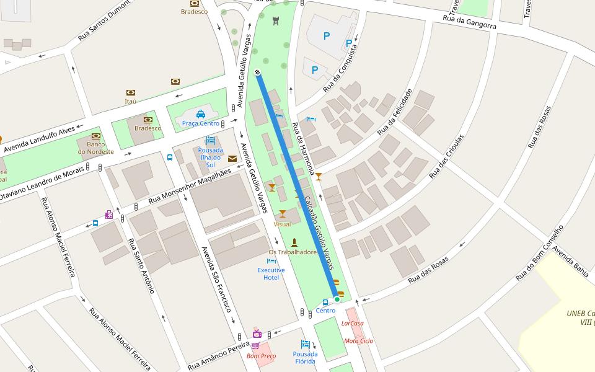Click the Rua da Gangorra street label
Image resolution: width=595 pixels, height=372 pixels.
469,22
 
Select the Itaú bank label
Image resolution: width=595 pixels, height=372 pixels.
130,100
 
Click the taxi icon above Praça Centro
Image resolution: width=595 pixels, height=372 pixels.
201,114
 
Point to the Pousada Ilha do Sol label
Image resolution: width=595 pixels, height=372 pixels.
210,157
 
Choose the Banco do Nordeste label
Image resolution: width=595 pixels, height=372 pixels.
95,148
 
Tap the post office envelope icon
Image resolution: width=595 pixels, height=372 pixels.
232,159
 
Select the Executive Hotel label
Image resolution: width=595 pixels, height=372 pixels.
271,273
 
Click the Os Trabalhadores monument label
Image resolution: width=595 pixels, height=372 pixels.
294,252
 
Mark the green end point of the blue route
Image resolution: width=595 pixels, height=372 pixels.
337,299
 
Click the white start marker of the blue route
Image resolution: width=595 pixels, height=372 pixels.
257,73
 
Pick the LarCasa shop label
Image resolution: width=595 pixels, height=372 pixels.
353,323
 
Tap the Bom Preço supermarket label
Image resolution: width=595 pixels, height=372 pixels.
261,356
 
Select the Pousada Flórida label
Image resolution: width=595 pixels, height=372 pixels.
305,358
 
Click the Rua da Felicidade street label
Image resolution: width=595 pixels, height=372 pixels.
395,112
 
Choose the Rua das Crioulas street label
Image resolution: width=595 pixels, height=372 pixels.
447,156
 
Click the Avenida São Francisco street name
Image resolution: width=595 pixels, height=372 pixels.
216,278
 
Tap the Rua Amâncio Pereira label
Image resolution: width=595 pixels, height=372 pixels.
218,355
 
